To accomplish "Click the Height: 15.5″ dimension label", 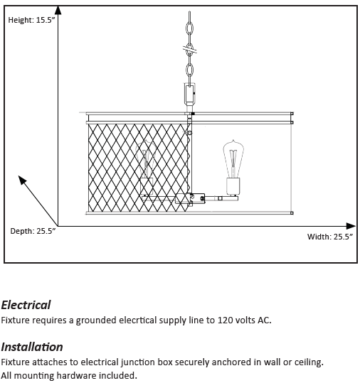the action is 31,20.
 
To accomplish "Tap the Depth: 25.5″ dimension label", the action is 33,231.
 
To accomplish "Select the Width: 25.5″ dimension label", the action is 330,237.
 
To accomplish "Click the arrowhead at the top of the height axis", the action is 58,10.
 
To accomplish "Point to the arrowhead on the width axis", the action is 351,226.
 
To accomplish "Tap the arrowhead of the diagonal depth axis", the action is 22,180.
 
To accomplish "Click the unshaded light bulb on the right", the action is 233,158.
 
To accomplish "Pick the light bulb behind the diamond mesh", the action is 147,159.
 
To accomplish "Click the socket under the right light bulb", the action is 233,187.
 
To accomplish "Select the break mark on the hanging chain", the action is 190,50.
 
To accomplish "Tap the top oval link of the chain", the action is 189,28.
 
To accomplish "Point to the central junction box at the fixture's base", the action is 190,198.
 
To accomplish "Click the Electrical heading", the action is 26,305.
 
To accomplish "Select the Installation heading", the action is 32,347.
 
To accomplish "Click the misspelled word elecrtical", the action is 138,320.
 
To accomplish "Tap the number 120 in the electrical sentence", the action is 225,320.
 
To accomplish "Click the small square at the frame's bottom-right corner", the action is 292,213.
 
